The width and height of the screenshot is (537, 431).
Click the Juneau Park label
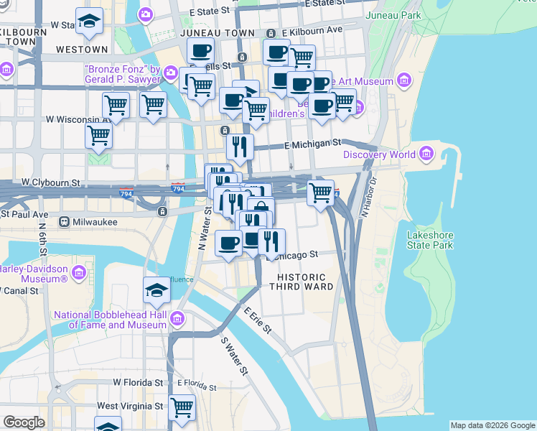coord(393,15)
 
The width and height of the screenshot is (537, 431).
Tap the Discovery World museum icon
coord(427,154)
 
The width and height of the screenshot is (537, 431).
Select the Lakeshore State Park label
coord(430,240)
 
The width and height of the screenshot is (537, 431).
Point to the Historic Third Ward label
coord(301,282)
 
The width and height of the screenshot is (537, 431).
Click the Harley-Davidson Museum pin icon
coord(78,274)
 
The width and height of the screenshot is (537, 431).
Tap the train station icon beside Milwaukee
coord(65,222)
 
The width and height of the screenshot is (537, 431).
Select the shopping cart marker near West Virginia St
coord(182,407)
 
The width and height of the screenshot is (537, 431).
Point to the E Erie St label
coord(258,321)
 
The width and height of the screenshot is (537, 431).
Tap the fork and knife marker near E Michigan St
coord(239,147)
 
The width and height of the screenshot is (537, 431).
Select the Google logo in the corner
coord(24,422)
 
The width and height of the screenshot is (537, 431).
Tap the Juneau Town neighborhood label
coord(218,33)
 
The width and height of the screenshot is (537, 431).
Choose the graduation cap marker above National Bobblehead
coord(156,290)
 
